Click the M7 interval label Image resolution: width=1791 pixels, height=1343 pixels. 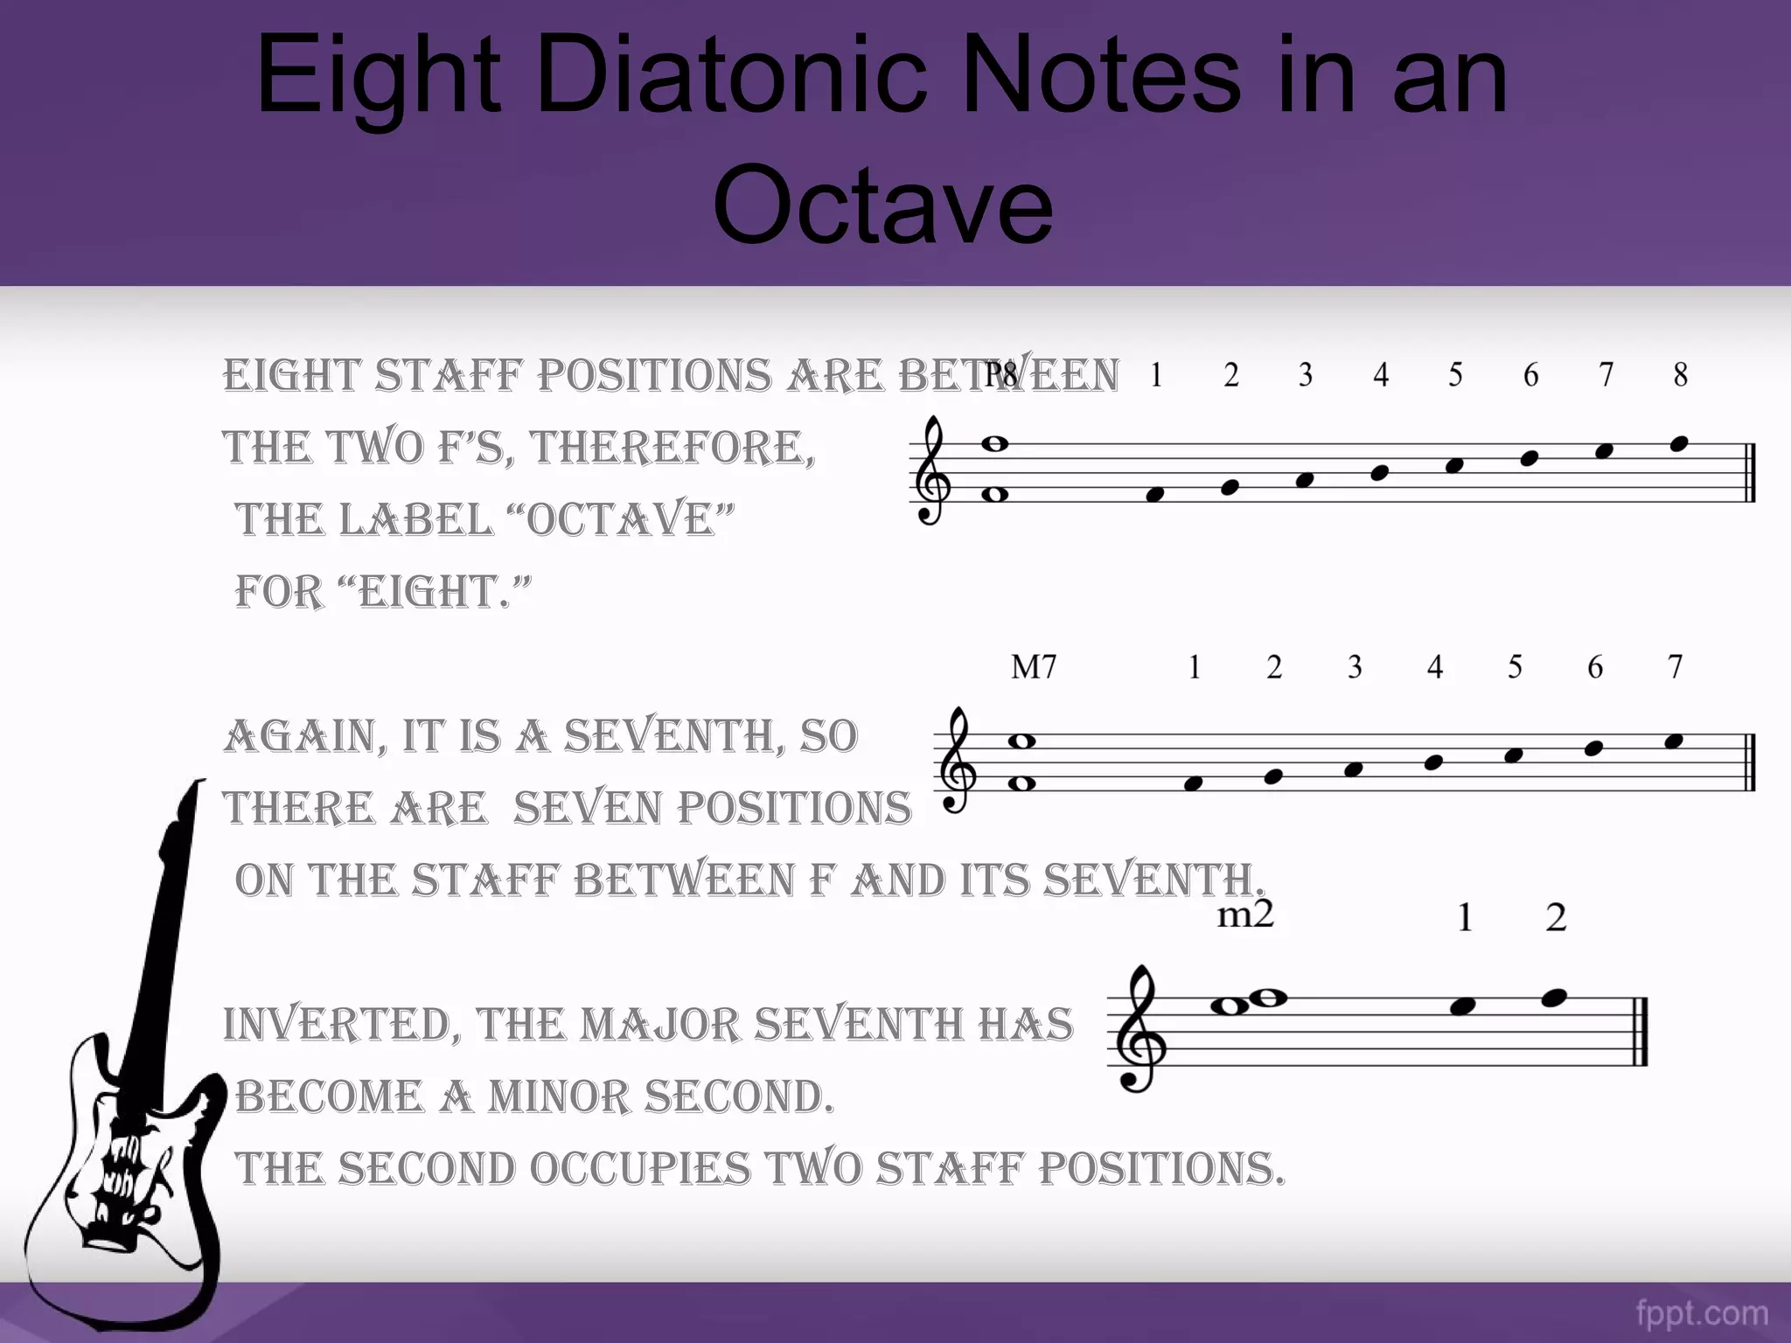click(x=1034, y=668)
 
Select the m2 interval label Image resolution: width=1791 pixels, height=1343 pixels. click(x=1245, y=915)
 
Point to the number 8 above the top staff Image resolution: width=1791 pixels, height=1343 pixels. click(x=1680, y=375)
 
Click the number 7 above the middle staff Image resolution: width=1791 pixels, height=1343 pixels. click(x=1675, y=668)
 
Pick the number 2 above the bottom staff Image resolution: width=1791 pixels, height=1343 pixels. click(x=1556, y=918)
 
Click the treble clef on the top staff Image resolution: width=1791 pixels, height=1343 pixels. click(x=932, y=470)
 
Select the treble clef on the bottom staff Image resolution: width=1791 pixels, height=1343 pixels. click(x=1139, y=1029)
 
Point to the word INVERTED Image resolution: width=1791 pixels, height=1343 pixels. click(x=341, y=1025)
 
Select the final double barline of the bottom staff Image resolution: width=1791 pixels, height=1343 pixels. click(x=1641, y=1031)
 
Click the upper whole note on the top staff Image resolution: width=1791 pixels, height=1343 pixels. click(x=995, y=444)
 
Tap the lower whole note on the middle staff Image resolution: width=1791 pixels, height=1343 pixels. click(x=1021, y=783)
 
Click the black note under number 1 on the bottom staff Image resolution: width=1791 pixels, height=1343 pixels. click(x=1463, y=1006)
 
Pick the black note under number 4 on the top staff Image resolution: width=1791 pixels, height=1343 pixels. click(x=1380, y=473)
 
